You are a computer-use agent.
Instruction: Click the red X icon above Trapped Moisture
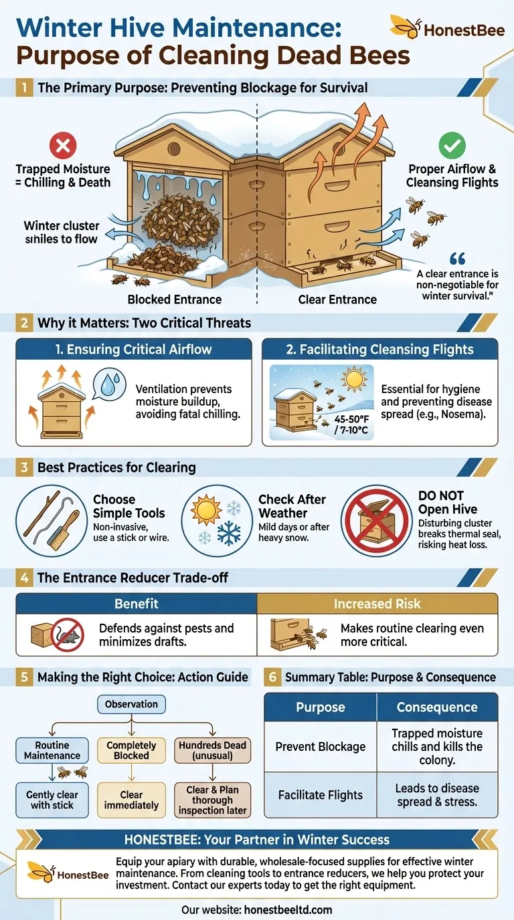[63, 146]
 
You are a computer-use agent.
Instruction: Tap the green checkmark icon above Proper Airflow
[452, 146]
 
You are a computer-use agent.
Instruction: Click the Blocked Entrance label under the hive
[174, 299]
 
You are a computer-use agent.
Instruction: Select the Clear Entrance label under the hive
[337, 299]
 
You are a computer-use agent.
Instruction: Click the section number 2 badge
[24, 323]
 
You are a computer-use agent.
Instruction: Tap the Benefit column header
[137, 604]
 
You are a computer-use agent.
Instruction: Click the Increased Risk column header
[377, 604]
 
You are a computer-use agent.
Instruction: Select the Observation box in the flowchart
[131, 704]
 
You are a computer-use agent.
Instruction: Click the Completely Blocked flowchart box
[131, 750]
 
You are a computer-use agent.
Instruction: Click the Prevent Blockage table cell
[321, 746]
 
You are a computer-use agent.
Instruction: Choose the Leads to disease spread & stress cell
[437, 795]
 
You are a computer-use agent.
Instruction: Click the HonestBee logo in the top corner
[447, 28]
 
